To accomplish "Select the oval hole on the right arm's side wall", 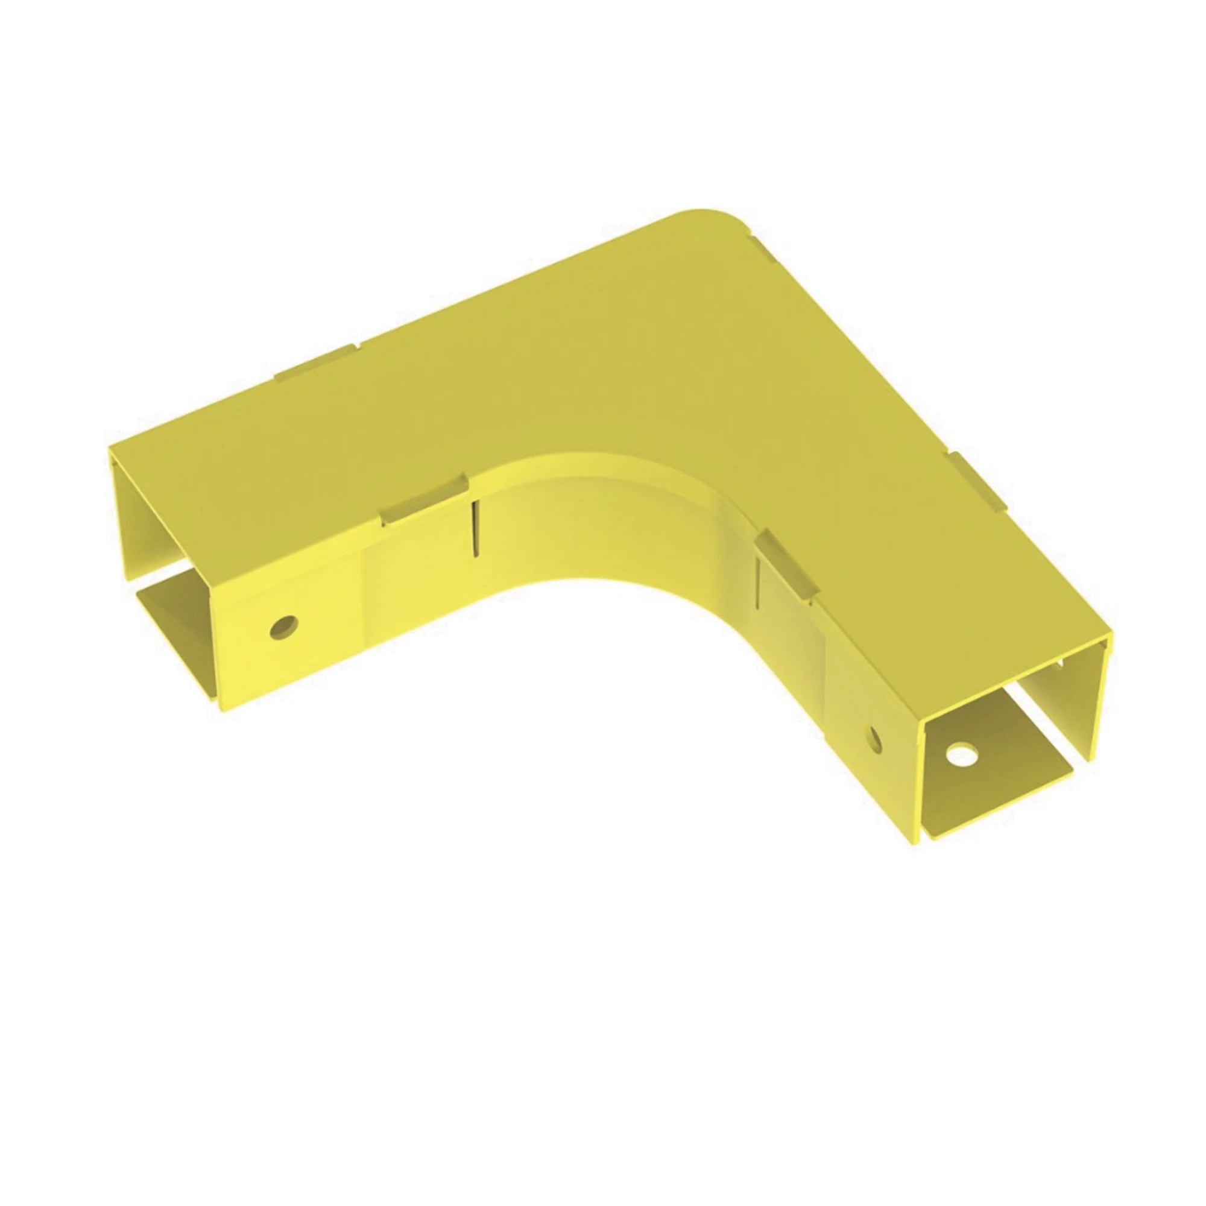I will (875, 739).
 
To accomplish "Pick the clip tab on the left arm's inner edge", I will (425, 500).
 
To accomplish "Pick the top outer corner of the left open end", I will (110, 447).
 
